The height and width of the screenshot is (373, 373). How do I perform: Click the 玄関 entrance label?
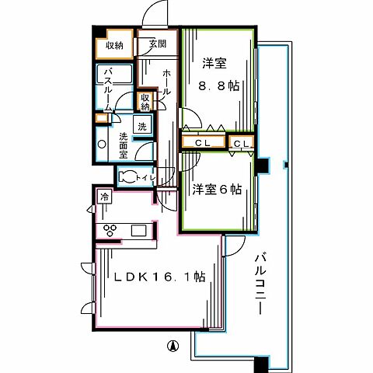pyautogui.click(x=158, y=44)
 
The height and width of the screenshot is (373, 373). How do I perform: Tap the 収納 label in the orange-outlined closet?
pyautogui.click(x=115, y=46)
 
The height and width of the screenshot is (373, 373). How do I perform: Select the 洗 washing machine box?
pyautogui.click(x=143, y=127)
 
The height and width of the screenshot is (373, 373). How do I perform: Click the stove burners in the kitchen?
pyautogui.click(x=110, y=230)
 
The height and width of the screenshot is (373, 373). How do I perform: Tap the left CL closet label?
pyautogui.click(x=204, y=144)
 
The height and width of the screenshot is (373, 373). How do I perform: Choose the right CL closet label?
pyautogui.click(x=240, y=144)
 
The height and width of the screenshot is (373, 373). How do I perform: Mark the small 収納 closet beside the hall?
pyautogui.click(x=145, y=101)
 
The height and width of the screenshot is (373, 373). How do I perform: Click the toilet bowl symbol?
pyautogui.click(x=128, y=177)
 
